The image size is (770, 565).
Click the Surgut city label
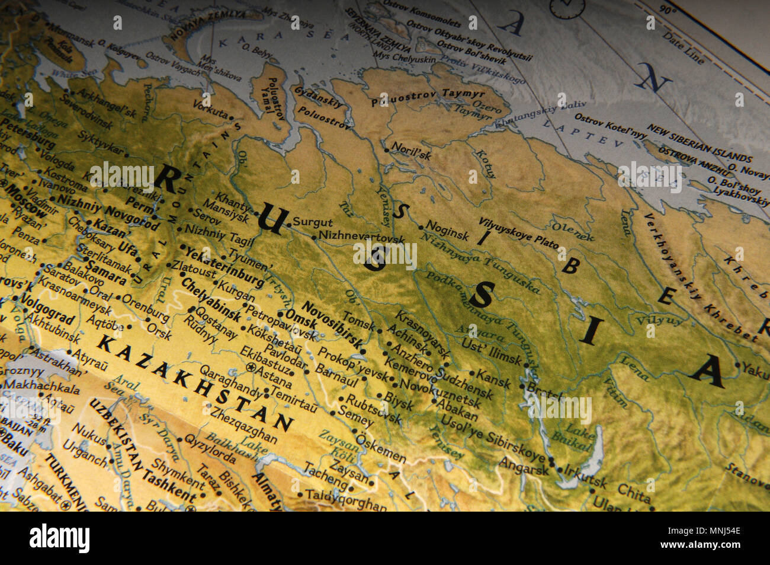(313, 223)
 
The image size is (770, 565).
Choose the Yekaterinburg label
(224, 266)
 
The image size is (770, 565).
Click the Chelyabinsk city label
(210, 299)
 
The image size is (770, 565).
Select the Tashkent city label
(168, 485)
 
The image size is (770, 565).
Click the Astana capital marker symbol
(251, 368)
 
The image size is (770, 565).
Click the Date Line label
(683, 47)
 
